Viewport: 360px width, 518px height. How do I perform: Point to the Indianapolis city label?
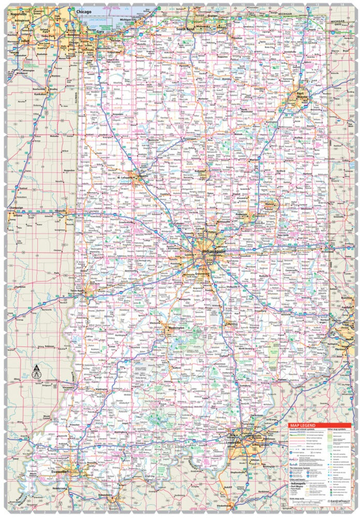pyautogui.click(x=213, y=253)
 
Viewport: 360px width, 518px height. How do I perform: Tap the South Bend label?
pyautogui.click(x=185, y=29)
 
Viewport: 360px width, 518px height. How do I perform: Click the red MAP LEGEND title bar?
pyautogui.click(x=319, y=425)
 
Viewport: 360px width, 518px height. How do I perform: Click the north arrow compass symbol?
pyautogui.click(x=36, y=370)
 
